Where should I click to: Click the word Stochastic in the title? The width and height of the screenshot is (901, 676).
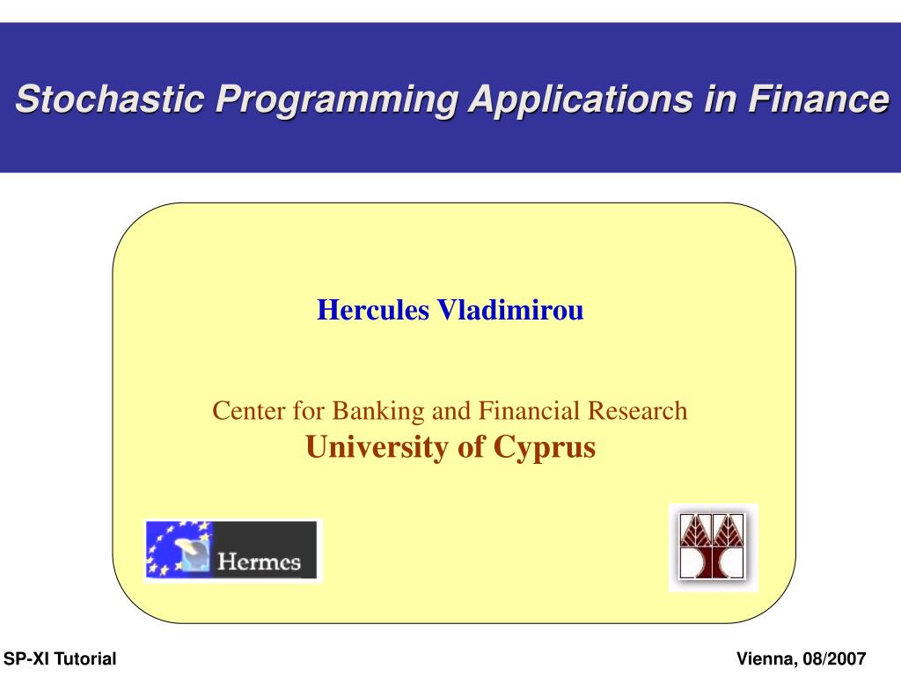110,99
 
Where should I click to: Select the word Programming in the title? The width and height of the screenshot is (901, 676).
337,100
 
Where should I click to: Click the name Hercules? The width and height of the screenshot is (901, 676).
373,310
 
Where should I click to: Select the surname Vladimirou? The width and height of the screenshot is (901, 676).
510,310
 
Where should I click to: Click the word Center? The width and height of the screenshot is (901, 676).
249,411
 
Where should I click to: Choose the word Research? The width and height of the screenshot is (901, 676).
638,411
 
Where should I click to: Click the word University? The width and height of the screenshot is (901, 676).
377,448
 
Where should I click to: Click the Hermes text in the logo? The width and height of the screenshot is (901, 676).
260,562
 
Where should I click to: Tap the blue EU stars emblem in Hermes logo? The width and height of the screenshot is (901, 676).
179,550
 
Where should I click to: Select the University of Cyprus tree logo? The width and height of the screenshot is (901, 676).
713,547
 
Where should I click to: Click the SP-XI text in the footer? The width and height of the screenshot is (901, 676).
26,658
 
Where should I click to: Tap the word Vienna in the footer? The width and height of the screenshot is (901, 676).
765,659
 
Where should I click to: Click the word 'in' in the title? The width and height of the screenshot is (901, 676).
720,99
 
